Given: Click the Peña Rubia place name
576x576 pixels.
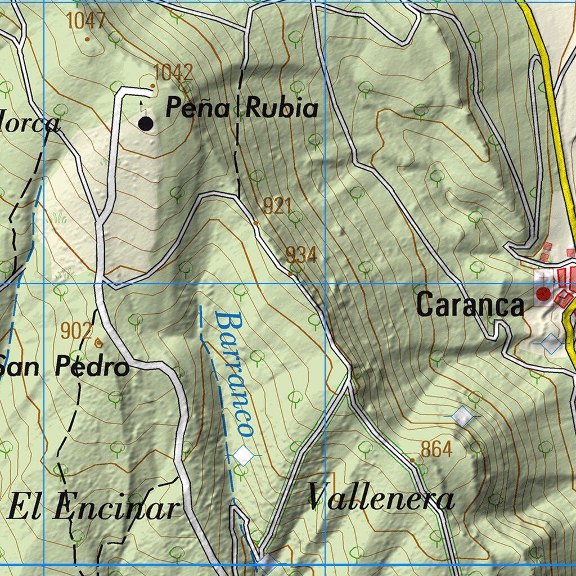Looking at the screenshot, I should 242,109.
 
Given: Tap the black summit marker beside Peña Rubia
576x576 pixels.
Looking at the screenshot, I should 145,124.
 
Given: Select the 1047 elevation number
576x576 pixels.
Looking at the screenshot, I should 86,21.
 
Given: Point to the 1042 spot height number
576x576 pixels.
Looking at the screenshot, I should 173,72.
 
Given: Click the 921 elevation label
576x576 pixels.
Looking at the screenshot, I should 277,206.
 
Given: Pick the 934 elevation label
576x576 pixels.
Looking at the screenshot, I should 301,255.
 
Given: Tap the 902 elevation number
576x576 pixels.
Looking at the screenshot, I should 76,331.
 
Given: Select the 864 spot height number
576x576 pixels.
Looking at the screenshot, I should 436,449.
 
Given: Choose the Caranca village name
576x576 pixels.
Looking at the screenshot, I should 470,305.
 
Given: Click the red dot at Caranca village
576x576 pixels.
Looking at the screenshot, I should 543,293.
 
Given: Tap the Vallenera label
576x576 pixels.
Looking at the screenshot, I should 381,497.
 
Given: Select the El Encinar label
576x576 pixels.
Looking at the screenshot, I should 93,507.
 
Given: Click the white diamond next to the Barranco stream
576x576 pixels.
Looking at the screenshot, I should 244,454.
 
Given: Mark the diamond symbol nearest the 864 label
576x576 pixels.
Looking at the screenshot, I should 462,416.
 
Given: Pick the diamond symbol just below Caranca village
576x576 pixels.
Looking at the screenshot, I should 551,342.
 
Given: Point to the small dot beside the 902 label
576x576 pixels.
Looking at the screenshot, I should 99,341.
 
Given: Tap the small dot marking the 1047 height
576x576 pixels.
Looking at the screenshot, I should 87,39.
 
